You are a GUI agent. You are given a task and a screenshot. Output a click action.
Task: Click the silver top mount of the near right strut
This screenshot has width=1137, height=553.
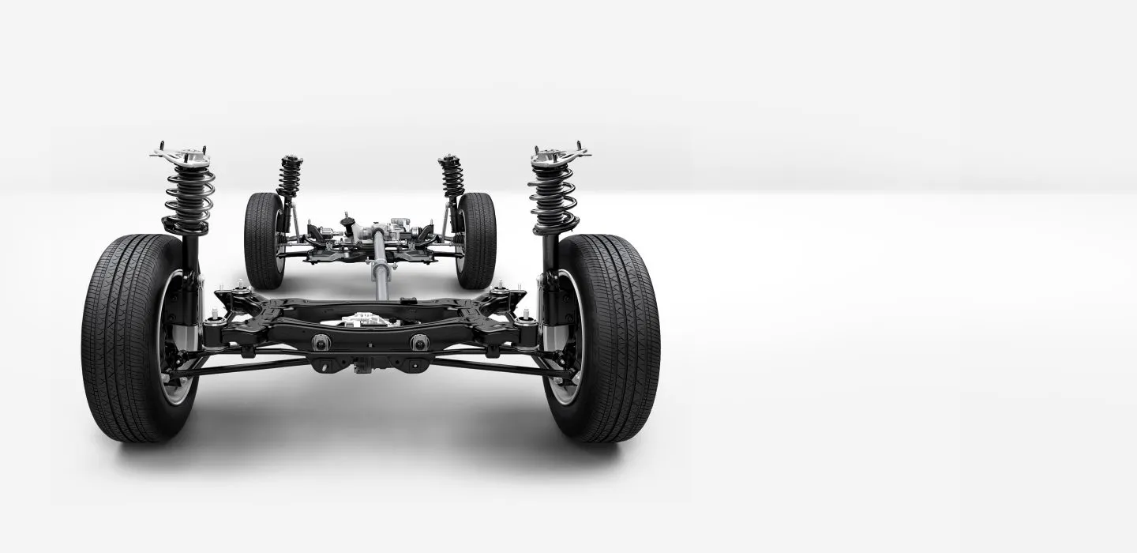(x=561, y=152)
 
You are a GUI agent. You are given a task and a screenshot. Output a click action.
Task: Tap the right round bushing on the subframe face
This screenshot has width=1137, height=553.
(x=418, y=341)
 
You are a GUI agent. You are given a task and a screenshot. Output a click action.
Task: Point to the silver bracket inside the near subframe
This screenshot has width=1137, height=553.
(x=363, y=320)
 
